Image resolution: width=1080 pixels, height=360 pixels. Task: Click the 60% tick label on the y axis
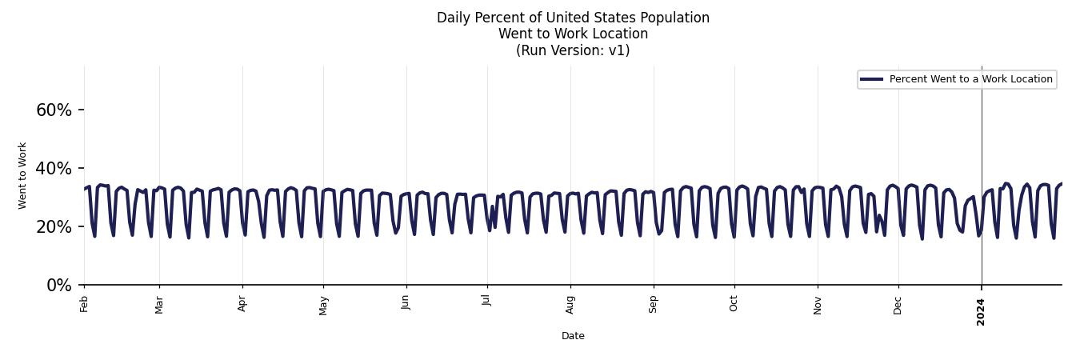(54, 110)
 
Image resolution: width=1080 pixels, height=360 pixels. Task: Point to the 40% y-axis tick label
(54, 169)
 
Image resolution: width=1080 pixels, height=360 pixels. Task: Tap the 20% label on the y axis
(54, 227)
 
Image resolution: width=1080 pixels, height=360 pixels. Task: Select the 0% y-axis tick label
(59, 286)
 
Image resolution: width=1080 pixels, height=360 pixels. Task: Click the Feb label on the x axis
(84, 303)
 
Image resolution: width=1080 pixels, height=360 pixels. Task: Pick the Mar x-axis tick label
(159, 304)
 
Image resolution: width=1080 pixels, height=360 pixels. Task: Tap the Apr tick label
(242, 303)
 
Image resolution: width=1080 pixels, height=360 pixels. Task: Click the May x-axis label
(323, 304)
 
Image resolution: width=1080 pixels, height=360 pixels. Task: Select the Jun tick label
(406, 302)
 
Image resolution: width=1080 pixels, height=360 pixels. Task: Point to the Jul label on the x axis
(486, 301)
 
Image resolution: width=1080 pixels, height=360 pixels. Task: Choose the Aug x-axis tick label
(570, 304)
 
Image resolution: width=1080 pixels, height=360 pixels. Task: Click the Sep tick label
(654, 303)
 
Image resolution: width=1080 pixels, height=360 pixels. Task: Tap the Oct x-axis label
(734, 302)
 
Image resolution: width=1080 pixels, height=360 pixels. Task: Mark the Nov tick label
(818, 304)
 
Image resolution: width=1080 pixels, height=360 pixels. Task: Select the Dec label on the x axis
(898, 304)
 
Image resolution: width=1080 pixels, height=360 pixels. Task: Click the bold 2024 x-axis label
(982, 311)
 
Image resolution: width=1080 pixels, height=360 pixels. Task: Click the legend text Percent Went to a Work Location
(970, 79)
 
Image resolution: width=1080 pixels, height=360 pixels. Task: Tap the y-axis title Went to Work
(22, 175)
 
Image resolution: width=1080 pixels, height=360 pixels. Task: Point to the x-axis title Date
(573, 336)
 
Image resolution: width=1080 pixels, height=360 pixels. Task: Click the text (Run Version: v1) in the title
(573, 50)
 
